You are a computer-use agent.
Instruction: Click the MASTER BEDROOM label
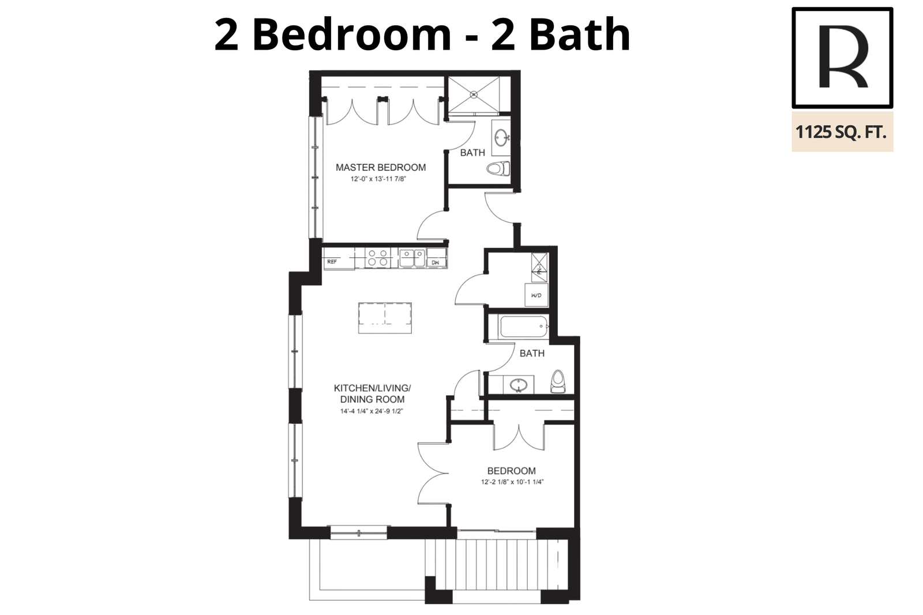click(x=380, y=167)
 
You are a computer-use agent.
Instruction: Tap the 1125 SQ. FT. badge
click(x=842, y=132)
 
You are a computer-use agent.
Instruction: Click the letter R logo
click(x=842, y=58)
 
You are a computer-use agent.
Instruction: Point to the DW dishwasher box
click(x=436, y=258)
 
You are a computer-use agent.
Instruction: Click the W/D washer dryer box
click(x=536, y=295)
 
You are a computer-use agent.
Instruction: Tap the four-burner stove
click(x=377, y=258)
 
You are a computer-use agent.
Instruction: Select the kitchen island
click(x=385, y=318)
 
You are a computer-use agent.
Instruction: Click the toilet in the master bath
click(x=498, y=168)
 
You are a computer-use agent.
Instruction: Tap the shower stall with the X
click(x=474, y=95)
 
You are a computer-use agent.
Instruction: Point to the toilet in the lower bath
click(x=558, y=381)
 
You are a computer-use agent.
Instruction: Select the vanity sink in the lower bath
click(x=519, y=385)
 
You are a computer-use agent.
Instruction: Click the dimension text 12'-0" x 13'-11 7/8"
click(x=378, y=179)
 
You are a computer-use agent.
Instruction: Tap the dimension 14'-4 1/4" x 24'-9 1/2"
click(x=372, y=411)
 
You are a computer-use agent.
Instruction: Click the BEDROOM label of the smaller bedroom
click(x=511, y=471)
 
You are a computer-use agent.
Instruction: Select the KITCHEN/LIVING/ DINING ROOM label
click(x=372, y=393)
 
